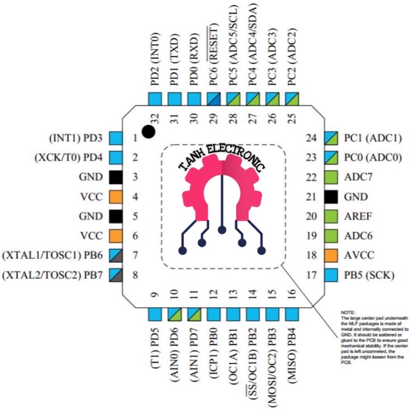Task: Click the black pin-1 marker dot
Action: [148, 132]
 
